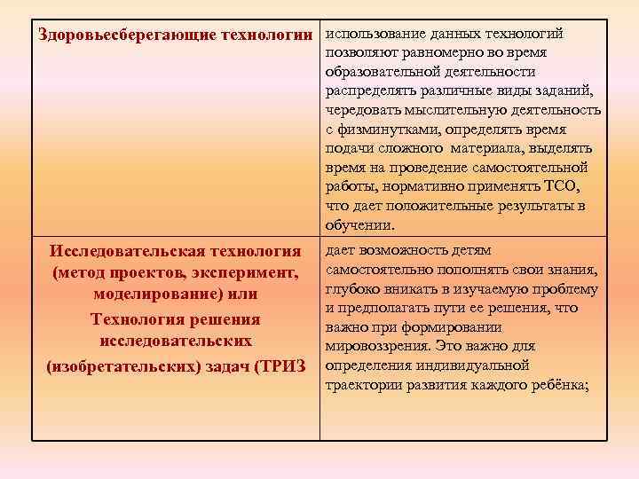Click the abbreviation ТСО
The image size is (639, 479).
click(560, 186)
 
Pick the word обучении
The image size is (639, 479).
click(359, 225)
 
